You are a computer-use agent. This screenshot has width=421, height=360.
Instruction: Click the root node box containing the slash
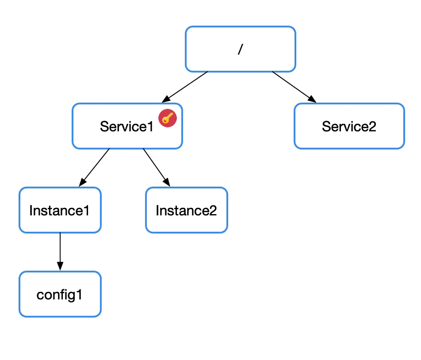point(240,49)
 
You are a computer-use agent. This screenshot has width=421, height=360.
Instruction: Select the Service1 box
point(127,126)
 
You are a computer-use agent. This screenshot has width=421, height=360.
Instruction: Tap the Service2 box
point(349,126)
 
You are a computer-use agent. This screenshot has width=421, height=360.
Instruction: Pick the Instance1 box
point(60,210)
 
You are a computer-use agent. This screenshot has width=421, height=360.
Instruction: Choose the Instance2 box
point(187,210)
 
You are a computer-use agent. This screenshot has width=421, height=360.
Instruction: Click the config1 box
point(60,294)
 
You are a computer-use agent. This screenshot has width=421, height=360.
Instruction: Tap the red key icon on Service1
point(168,118)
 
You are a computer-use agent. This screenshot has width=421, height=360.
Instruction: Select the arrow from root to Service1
point(185,87)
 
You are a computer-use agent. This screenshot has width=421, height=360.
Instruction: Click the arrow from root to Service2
point(294,87)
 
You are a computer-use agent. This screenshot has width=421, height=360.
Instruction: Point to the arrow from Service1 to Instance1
point(94,167)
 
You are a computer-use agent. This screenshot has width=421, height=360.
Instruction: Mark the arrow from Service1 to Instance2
point(157,167)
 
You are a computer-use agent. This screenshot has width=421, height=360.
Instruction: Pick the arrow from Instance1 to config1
point(60,252)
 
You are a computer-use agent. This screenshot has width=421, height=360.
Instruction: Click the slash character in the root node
point(240,49)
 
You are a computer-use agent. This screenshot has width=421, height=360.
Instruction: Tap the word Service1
point(126,126)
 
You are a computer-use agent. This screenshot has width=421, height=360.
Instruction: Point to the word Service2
point(349,126)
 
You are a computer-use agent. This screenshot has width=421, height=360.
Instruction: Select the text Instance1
point(59,211)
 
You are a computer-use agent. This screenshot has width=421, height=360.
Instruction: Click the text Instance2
point(186,211)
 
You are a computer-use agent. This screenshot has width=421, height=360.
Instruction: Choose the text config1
point(59,295)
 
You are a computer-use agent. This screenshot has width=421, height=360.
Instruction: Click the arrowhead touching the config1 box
point(60,266)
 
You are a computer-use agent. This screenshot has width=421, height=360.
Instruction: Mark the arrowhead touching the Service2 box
point(312,100)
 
